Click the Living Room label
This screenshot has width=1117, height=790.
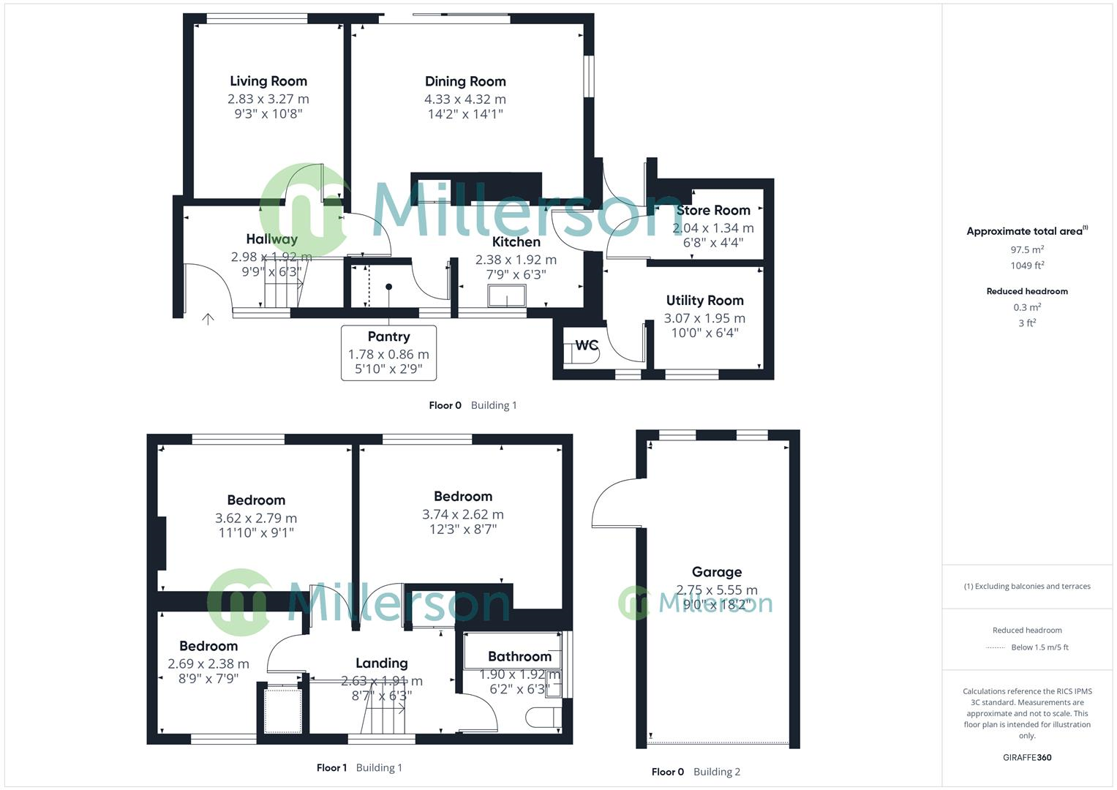pos(268,81)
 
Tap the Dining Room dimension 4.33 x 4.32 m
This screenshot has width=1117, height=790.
pos(465,99)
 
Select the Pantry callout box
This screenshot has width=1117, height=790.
pos(388,353)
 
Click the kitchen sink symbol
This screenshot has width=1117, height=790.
pos(507,296)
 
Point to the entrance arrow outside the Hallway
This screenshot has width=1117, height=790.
pos(208,319)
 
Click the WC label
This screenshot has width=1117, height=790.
pos(587,345)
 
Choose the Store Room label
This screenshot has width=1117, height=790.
pos(712,211)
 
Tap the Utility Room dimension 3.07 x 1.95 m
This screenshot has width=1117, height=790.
pos(704,318)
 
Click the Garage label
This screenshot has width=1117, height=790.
pos(717,572)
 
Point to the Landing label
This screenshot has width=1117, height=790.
pos(381,663)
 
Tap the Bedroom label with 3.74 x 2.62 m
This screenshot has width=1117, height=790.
pos(462,497)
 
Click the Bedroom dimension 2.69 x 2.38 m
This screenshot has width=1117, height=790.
pos(208,664)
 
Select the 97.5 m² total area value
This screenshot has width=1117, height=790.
pos(1027,249)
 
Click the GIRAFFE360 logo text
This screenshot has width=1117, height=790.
pos(1027,758)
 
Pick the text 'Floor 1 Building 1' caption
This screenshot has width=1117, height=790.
pos(359,768)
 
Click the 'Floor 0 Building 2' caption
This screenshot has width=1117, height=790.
pos(696,772)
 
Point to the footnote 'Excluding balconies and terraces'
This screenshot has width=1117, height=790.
pos(1027,586)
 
